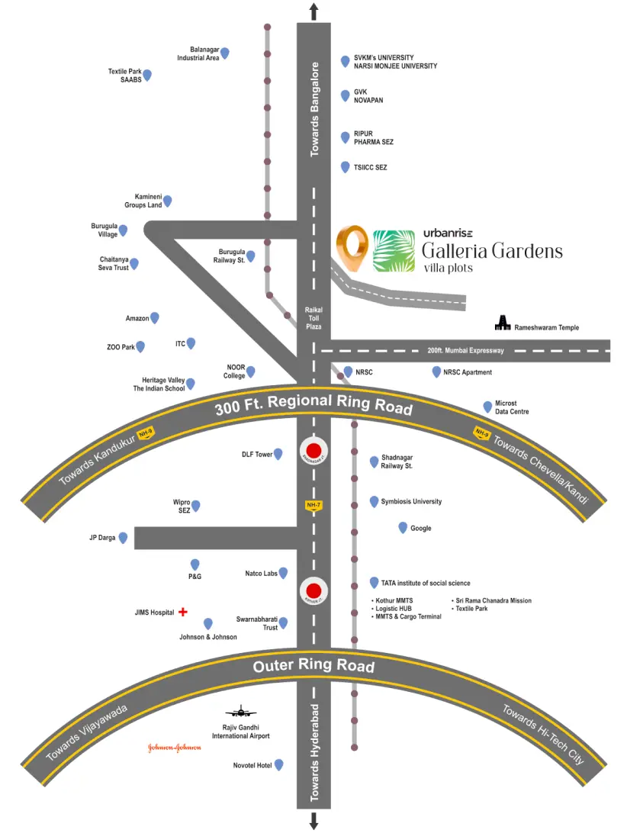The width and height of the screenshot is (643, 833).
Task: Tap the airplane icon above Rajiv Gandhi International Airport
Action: click(x=243, y=712)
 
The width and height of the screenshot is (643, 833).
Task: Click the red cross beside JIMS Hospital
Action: click(x=183, y=612)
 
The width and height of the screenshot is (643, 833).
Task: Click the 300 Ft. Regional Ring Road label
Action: click(x=313, y=405)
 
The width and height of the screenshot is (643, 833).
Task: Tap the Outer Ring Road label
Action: click(x=313, y=666)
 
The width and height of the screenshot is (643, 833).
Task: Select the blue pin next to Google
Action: click(x=403, y=527)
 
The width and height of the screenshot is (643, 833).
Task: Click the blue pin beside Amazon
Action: click(x=155, y=317)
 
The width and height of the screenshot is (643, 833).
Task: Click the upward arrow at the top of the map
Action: click(x=313, y=10)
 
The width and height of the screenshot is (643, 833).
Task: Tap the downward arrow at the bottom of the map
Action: click(x=313, y=821)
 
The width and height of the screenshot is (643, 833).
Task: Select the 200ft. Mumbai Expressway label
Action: click(x=465, y=350)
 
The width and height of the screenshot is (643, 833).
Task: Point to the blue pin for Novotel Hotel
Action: click(x=278, y=764)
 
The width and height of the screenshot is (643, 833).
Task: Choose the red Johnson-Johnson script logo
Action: click(x=175, y=748)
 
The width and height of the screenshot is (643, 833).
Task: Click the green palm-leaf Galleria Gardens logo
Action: click(x=394, y=251)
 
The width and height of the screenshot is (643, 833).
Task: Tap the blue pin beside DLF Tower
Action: click(x=278, y=454)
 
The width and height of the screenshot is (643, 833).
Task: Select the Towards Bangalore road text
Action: click(x=313, y=109)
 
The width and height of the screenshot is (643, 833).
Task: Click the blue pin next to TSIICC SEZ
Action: click(x=345, y=166)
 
